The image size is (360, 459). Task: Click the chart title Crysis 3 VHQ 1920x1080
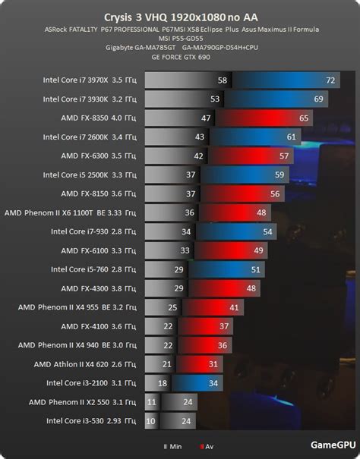[x=180, y=15]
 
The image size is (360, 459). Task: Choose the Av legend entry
[x=208, y=447]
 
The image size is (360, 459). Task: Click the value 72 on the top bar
[x=330, y=80]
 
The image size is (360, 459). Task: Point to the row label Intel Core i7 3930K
[x=90, y=99]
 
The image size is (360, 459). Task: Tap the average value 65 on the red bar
[x=304, y=118]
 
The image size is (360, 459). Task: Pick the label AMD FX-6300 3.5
[x=99, y=156]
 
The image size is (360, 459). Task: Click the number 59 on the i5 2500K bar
[x=279, y=174]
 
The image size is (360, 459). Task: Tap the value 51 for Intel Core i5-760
[x=255, y=269]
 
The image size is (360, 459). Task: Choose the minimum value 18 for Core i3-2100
[x=162, y=382]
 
